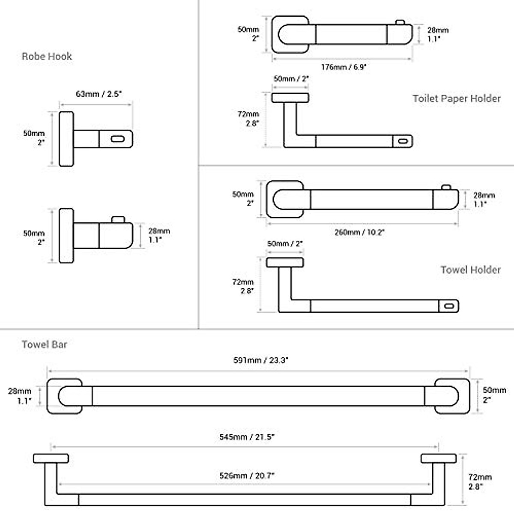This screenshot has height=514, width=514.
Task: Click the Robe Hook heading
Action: [x=47, y=56]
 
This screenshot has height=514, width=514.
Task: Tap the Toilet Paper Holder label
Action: [x=456, y=99]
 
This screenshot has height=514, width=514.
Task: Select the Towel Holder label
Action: [x=470, y=269]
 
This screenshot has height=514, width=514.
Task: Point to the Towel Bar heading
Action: [x=45, y=344]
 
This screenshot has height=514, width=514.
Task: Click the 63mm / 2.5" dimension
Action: [x=99, y=94]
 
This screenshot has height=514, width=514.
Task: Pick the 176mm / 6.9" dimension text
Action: [x=344, y=67]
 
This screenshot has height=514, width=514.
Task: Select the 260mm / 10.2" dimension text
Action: [x=359, y=232]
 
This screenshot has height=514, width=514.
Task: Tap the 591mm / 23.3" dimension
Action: [x=261, y=360]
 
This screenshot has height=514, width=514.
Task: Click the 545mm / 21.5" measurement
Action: [x=247, y=437]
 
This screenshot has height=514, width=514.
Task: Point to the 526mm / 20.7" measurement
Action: [x=247, y=475]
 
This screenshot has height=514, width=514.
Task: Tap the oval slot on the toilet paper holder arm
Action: [x=403, y=141]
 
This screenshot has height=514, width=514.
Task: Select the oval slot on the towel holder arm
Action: [x=449, y=306]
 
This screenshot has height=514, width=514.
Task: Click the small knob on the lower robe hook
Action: [x=117, y=219]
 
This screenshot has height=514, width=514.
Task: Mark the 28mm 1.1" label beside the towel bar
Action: [x=19, y=396]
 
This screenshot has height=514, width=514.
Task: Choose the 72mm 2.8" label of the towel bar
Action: [x=480, y=481]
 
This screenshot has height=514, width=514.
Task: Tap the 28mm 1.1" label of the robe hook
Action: [x=159, y=235]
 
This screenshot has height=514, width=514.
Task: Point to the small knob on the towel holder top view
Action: [x=446, y=187]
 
